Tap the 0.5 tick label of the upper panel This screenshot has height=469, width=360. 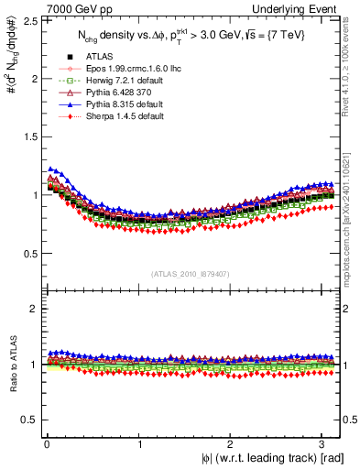tap(29, 254)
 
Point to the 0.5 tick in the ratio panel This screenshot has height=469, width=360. tap(29, 420)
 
